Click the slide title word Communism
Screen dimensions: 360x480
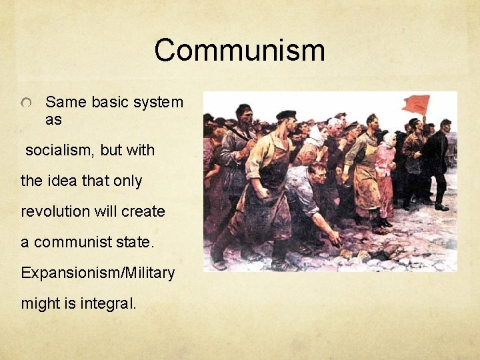pyautogui.click(x=239, y=51)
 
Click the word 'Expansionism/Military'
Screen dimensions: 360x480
pyautogui.click(x=97, y=273)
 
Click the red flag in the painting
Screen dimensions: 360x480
pyautogui.click(x=415, y=105)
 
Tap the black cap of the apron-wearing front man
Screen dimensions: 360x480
pyautogui.click(x=286, y=115)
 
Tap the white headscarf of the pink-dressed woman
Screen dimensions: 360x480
pyautogui.click(x=388, y=139)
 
